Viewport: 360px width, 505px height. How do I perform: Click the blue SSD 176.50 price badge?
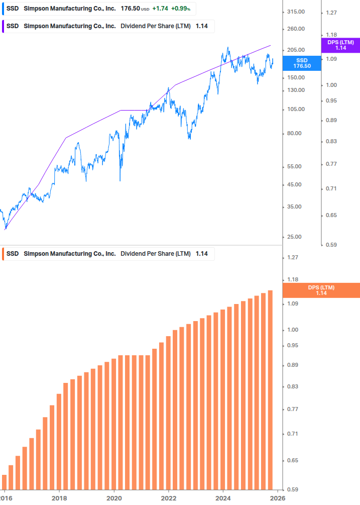pyautogui.click(x=302, y=63)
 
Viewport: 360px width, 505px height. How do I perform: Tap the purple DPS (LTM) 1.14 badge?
pyautogui.click(x=340, y=45)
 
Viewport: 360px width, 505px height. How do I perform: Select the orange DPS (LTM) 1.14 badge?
pyautogui.click(x=321, y=290)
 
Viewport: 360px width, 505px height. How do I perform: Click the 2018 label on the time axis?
pyautogui.click(x=59, y=497)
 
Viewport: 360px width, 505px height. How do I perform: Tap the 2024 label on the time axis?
pyautogui.click(x=223, y=497)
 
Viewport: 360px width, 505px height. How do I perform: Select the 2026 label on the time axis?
pyautogui.click(x=278, y=497)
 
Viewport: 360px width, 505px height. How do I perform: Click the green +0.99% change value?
pyautogui.click(x=181, y=9)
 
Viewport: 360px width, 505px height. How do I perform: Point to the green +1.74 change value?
pyautogui.click(x=160, y=9)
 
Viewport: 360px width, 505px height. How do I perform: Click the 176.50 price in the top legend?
pyautogui.click(x=130, y=9)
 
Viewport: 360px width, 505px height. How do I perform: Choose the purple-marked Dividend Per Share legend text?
pyautogui.click(x=156, y=26)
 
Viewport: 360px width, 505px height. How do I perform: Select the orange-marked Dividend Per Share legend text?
pyautogui.click(x=156, y=254)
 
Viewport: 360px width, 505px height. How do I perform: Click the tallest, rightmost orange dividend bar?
pyautogui.click(x=270, y=389)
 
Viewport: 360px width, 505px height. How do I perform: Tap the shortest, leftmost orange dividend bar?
pyautogui.click(x=5, y=481)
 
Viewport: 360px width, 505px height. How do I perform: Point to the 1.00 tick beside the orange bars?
pyautogui.click(x=292, y=330)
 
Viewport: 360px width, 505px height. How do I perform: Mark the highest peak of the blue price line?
pyautogui.click(x=228, y=48)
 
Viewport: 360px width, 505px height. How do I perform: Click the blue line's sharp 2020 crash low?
pyautogui.click(x=120, y=180)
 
